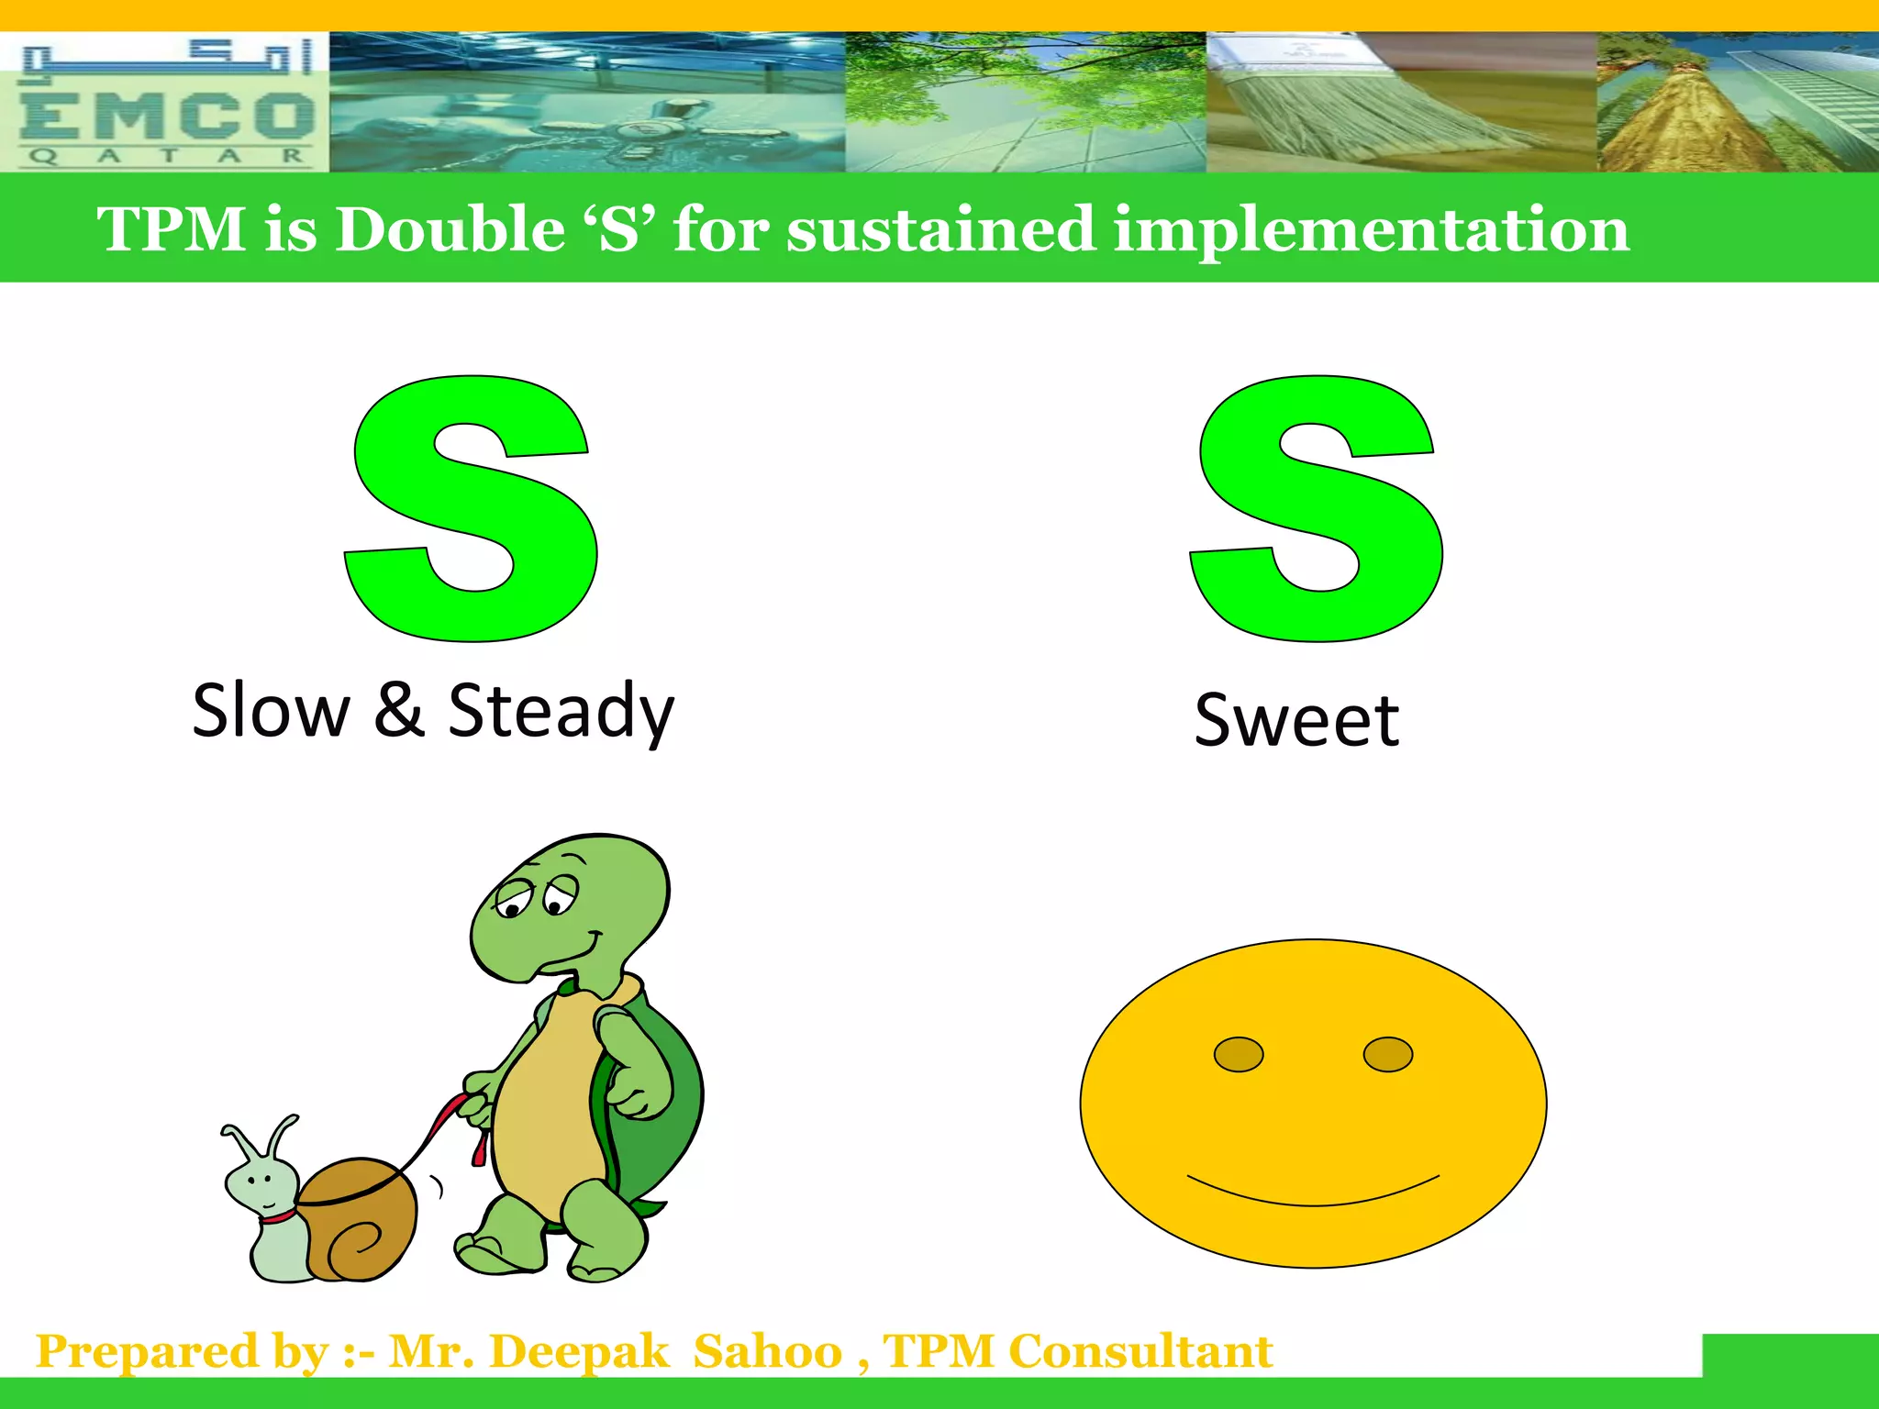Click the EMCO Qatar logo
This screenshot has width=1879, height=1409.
point(165,103)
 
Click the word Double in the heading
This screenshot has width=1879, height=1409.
point(450,229)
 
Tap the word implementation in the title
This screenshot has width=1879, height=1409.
point(1371,229)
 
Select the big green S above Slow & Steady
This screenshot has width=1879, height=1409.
point(471,509)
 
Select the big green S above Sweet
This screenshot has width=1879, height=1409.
point(1316,509)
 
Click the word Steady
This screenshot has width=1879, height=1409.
point(561,711)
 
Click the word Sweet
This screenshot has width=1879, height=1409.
point(1295,720)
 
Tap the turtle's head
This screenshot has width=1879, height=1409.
point(569,908)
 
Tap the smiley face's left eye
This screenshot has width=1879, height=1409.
point(1238,1054)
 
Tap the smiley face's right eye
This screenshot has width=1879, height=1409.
point(1387,1054)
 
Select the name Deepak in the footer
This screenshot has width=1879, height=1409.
point(579,1352)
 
